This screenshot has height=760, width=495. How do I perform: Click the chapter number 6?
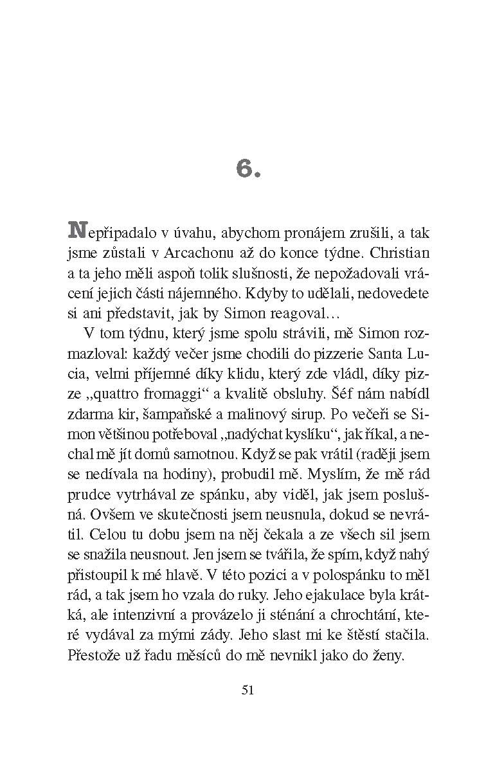[x=246, y=168]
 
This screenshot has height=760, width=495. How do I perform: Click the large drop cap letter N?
[x=76, y=230]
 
